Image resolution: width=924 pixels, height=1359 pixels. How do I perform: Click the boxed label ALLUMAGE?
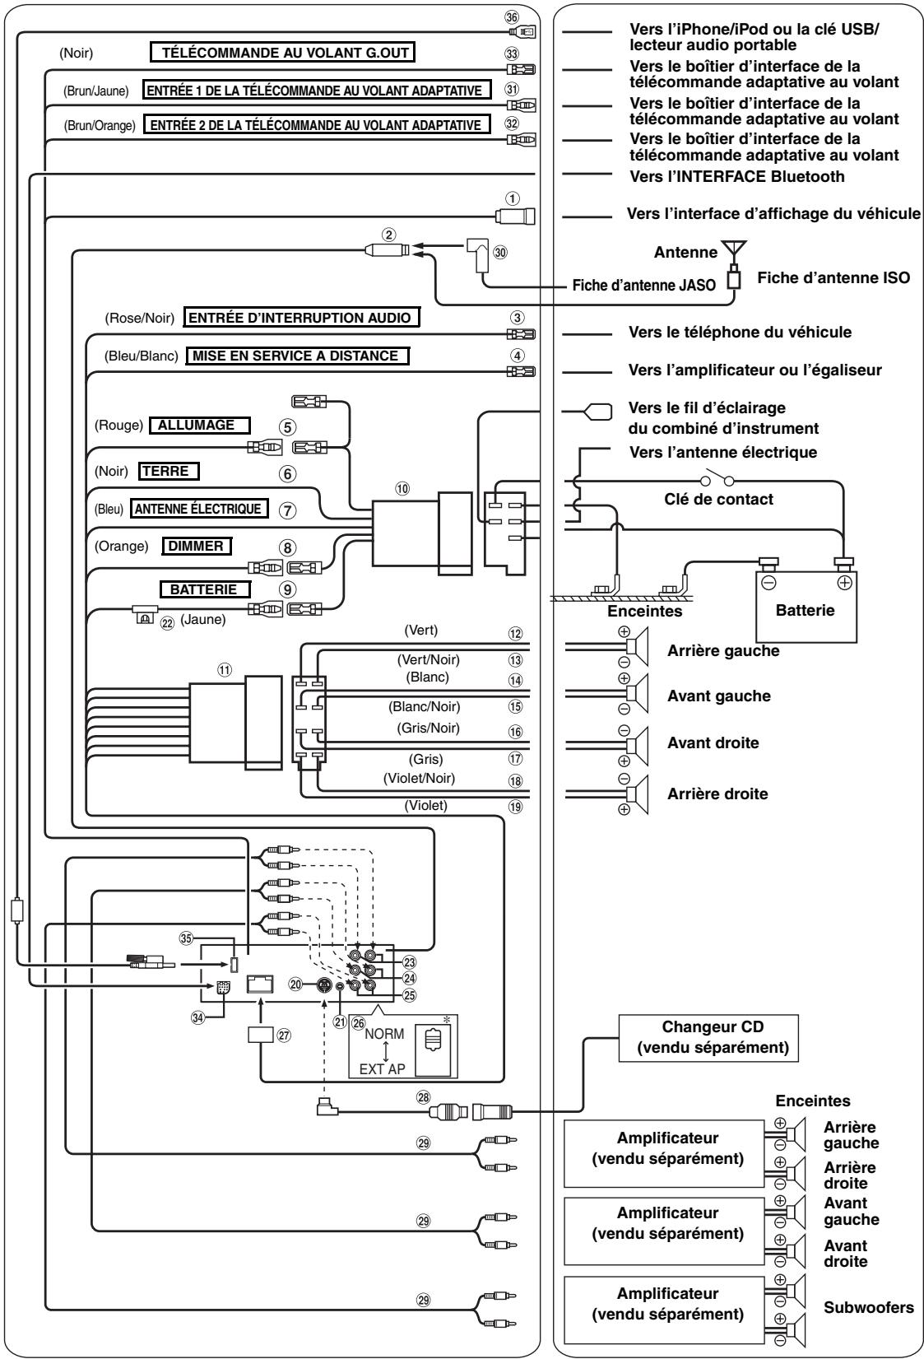click(x=199, y=426)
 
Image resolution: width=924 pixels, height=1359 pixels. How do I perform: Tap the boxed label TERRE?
click(x=169, y=472)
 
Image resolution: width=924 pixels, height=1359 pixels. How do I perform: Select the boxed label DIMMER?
click(x=197, y=546)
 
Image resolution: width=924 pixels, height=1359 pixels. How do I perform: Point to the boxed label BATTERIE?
click(x=206, y=589)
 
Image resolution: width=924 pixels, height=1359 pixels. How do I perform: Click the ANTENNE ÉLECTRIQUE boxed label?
click(x=199, y=509)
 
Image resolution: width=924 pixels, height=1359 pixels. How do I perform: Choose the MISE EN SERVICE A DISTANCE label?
click(x=297, y=356)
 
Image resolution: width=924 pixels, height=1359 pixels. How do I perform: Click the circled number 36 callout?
click(x=513, y=17)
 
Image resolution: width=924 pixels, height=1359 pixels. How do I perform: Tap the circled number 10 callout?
click(x=402, y=488)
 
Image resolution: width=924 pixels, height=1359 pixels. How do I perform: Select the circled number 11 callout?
click(x=225, y=670)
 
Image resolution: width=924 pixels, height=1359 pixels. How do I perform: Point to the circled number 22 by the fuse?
click(x=167, y=623)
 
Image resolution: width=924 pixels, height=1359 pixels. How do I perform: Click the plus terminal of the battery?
click(x=844, y=583)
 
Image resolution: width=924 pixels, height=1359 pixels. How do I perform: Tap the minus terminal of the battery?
click(x=768, y=583)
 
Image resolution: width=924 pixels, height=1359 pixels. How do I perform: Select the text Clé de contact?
click(x=718, y=500)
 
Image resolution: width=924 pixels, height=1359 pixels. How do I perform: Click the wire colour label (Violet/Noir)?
click(x=419, y=779)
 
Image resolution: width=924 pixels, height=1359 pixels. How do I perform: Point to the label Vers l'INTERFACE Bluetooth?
click(x=736, y=176)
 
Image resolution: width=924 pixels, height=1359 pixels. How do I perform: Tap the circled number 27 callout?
click(x=284, y=1036)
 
